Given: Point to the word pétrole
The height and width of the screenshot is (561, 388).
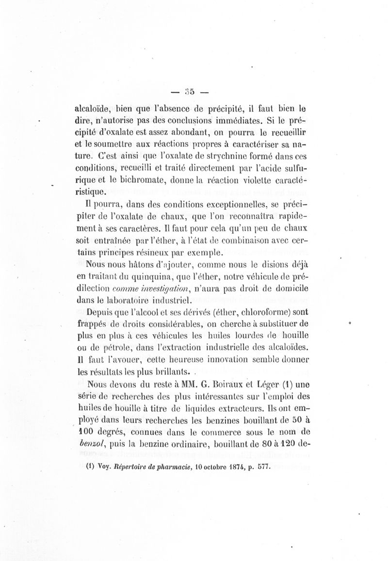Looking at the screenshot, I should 123,347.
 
